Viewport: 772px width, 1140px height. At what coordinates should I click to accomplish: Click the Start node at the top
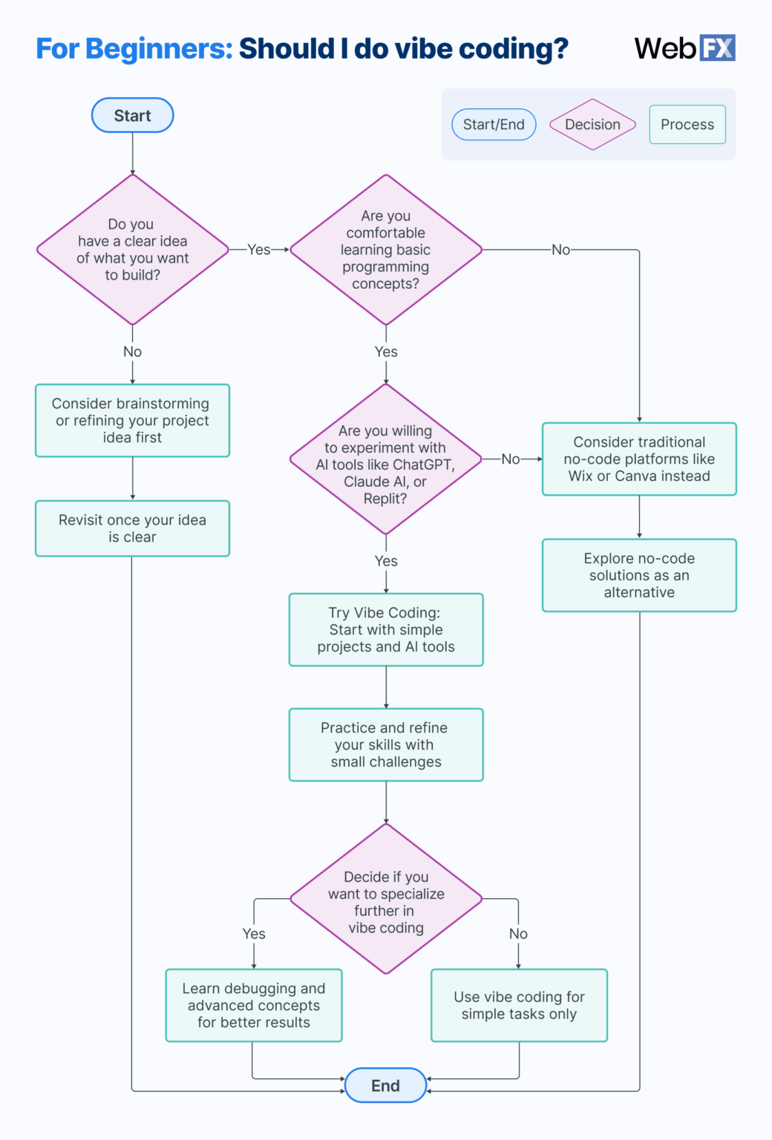pos(132,116)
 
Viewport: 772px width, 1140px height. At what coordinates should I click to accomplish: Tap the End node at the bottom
pos(385,1086)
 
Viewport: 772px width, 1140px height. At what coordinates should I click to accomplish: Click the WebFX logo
pos(684,48)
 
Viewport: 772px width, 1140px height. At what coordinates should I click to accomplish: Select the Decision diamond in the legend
pos(592,125)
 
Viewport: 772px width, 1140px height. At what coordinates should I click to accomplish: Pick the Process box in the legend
pos(687,125)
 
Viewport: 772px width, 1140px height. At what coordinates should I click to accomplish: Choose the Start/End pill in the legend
pos(494,125)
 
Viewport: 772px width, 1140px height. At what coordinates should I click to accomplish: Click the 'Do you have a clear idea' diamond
pos(133,249)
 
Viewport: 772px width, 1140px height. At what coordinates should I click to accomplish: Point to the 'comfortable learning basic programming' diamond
pos(385,249)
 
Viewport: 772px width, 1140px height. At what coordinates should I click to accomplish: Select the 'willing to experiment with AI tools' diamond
pos(385,459)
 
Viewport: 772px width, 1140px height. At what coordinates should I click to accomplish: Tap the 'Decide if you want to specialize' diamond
pos(386,900)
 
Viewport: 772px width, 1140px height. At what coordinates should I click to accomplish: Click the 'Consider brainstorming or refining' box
pos(132,421)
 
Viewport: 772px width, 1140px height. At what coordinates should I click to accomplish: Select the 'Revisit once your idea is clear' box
pos(132,528)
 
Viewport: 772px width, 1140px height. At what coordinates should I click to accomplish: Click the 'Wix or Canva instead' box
pos(639,459)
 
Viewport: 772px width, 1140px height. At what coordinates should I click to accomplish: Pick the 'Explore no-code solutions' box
pos(639,575)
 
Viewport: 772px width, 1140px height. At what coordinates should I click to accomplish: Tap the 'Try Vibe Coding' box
pos(386,630)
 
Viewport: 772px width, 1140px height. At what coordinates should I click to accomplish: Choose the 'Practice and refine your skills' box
pos(386,745)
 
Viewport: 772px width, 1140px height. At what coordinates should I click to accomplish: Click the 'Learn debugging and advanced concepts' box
pos(254,1006)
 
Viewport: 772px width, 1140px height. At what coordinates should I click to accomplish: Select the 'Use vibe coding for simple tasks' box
pos(519,1006)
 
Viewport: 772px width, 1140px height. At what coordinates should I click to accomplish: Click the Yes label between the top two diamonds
pos(258,250)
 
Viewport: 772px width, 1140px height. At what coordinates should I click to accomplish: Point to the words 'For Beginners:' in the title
pos(134,49)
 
